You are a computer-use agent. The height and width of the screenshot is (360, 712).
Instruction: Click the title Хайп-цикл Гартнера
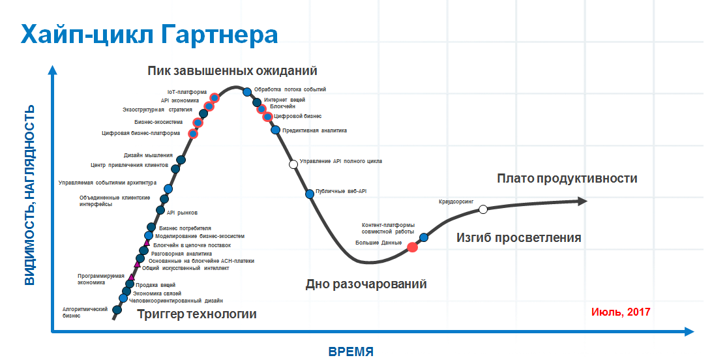(149, 35)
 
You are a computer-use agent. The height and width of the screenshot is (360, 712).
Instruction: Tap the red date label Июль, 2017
(621, 312)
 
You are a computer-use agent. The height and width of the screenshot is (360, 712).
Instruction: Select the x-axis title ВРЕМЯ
(351, 352)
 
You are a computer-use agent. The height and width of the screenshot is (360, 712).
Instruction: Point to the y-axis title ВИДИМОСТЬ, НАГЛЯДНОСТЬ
(29, 195)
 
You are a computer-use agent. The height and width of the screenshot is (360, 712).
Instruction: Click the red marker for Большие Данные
(412, 247)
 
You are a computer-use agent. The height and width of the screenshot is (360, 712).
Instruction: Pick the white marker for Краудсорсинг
(483, 209)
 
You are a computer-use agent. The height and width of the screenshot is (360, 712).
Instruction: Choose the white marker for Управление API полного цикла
(293, 164)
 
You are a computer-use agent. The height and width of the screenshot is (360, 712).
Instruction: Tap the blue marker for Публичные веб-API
(310, 194)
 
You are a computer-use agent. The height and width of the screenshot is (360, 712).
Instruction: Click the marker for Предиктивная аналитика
(276, 130)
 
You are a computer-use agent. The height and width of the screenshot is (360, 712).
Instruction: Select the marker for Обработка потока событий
(247, 92)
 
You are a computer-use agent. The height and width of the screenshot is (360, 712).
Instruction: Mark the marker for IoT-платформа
(215, 98)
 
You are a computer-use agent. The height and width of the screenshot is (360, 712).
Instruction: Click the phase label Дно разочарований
(366, 284)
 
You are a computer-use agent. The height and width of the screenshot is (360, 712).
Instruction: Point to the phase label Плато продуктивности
(567, 179)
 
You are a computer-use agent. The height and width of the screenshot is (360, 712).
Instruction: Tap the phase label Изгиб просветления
(518, 238)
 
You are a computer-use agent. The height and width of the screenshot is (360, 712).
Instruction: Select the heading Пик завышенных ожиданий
(232, 71)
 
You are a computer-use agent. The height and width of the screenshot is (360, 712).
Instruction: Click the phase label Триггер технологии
(197, 314)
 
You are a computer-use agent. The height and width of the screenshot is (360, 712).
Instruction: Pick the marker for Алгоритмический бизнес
(117, 310)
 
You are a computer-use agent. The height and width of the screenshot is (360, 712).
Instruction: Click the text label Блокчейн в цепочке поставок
(192, 245)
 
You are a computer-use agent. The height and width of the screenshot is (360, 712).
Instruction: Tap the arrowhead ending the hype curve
(582, 201)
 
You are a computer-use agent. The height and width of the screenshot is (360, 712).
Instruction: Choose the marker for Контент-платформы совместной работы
(424, 237)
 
